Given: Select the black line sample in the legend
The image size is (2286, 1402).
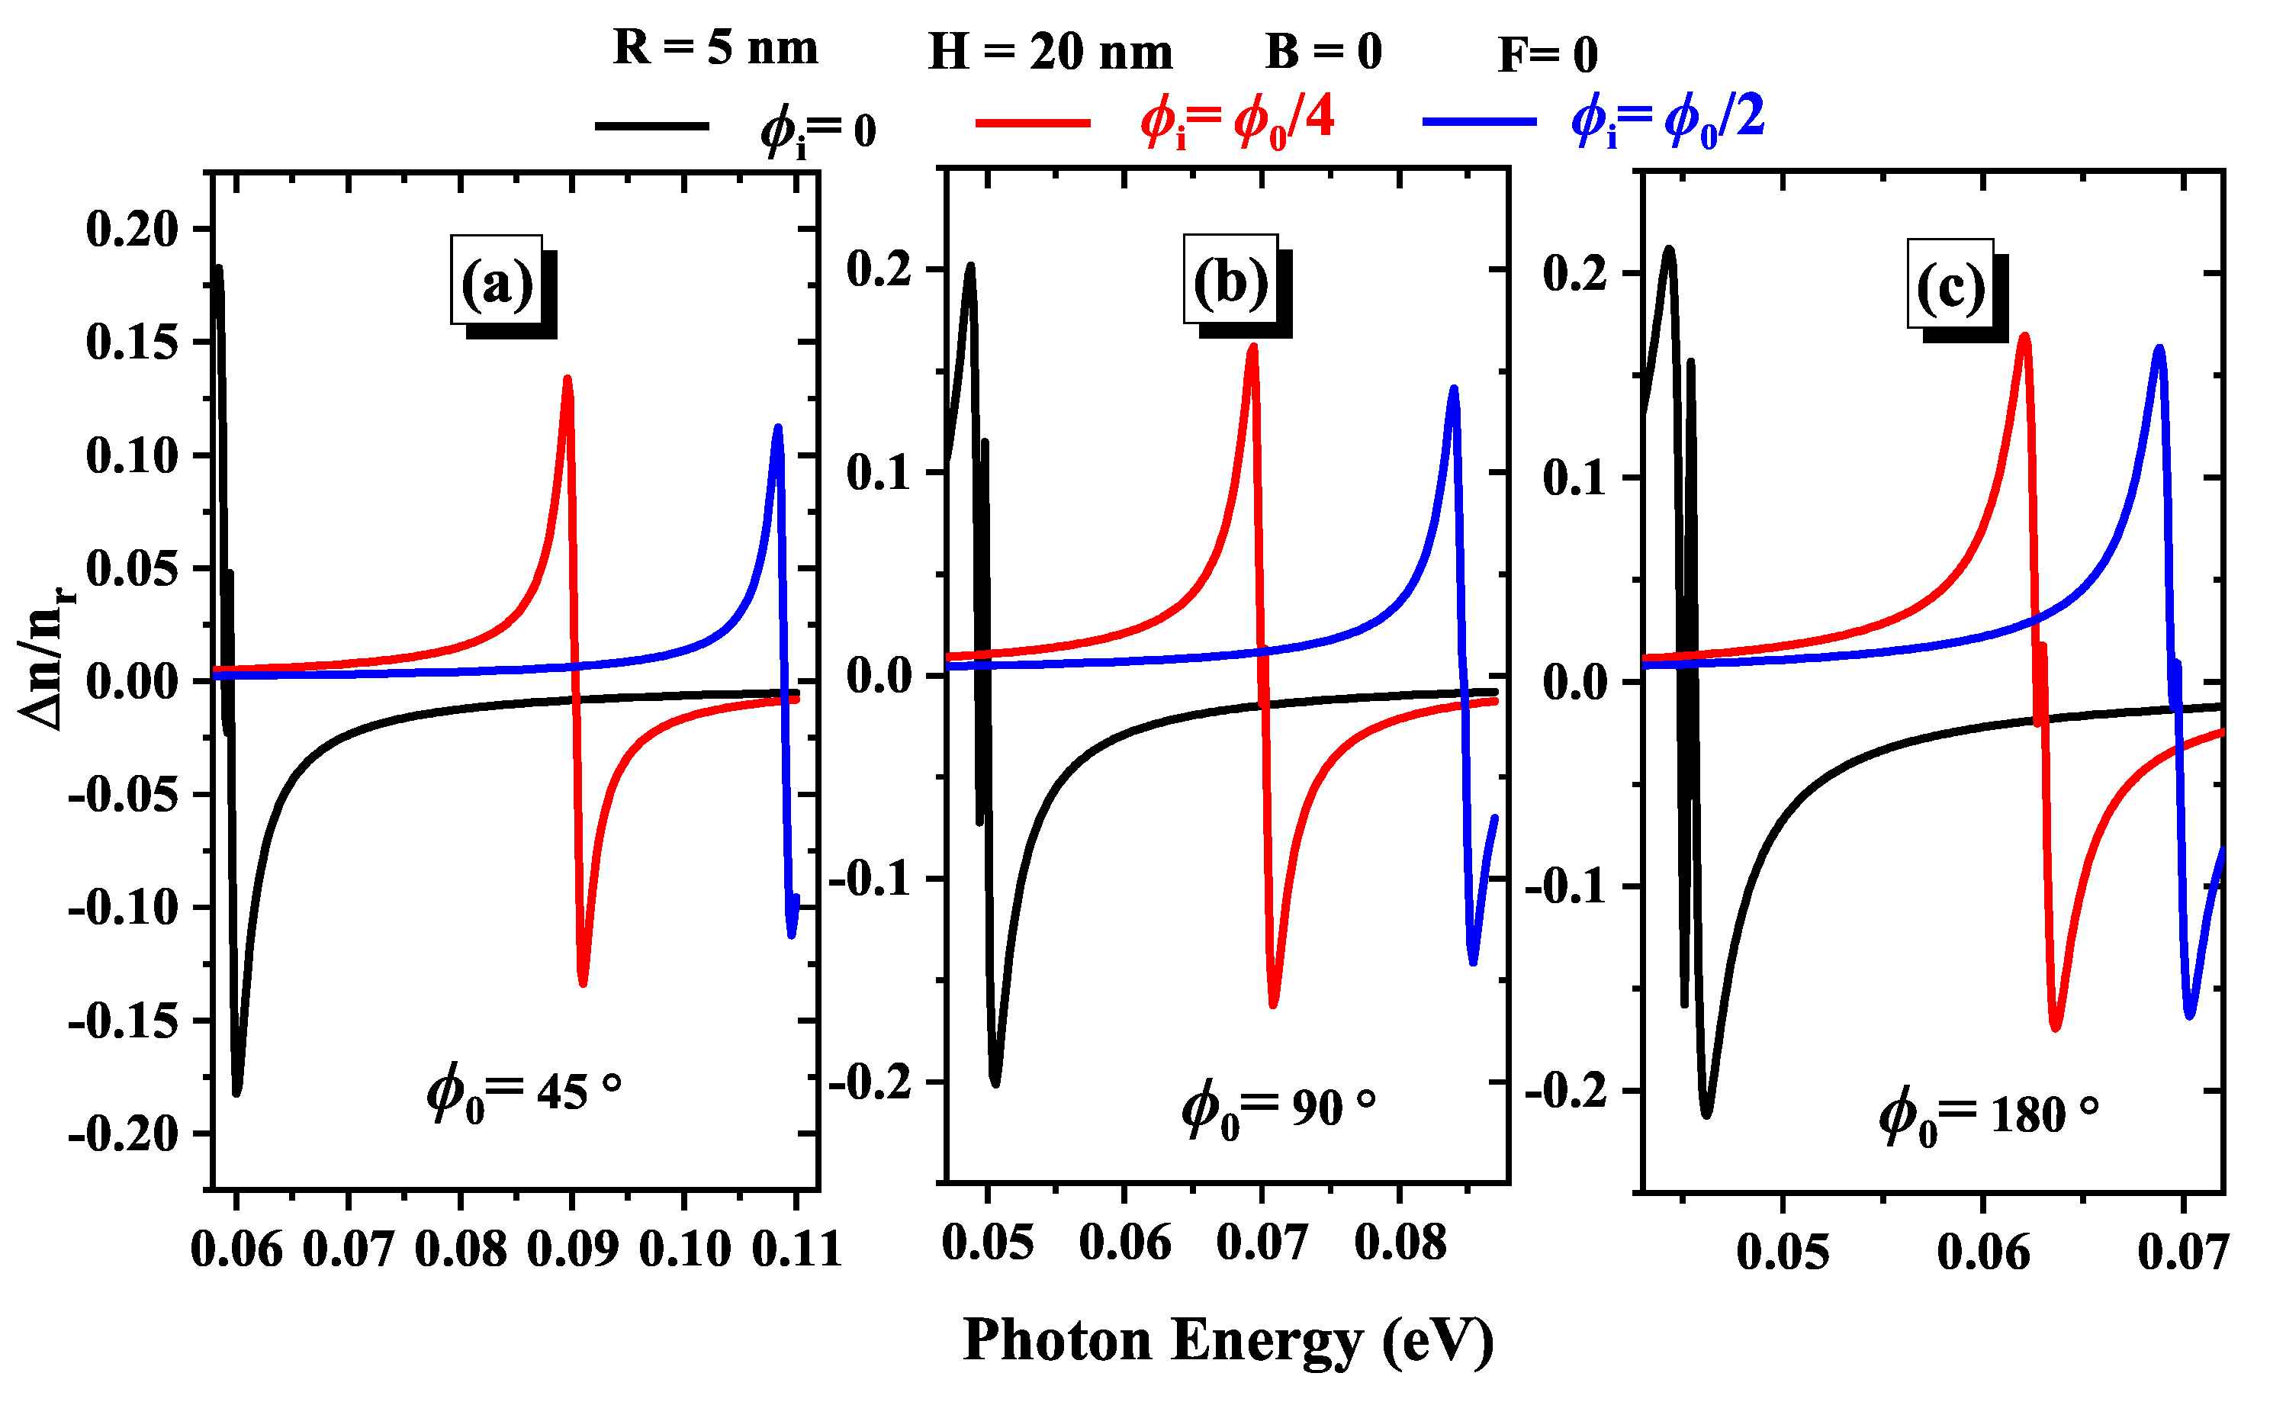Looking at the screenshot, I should [651, 125].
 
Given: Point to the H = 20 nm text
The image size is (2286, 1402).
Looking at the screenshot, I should [1050, 51].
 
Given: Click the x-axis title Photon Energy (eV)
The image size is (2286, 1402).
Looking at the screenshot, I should [1227, 1341].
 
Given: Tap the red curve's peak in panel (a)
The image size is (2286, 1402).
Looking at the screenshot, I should [567, 378].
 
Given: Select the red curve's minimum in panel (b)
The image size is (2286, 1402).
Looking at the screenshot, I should [1273, 1005].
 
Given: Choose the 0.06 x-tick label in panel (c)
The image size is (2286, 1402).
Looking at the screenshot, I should [1982, 1252].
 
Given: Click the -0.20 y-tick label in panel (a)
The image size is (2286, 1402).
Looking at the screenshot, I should [123, 1133].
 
